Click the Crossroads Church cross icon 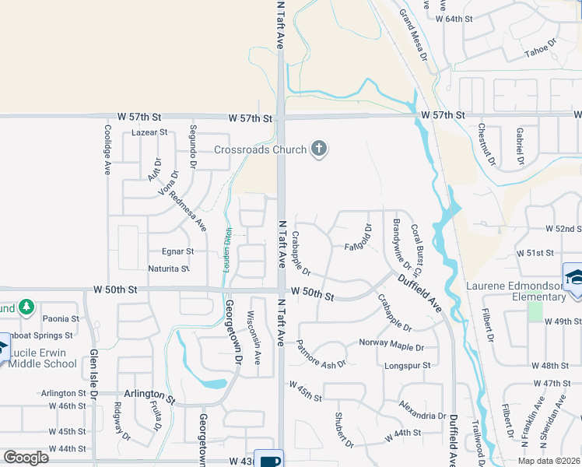[x=317, y=149]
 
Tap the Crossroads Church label [x=261, y=149]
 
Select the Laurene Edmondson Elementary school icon [x=575, y=277]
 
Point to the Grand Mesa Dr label [x=413, y=35]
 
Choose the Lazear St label [x=150, y=132]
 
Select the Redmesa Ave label [x=188, y=211]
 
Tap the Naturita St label [x=169, y=269]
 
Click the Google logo [x=26, y=457]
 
